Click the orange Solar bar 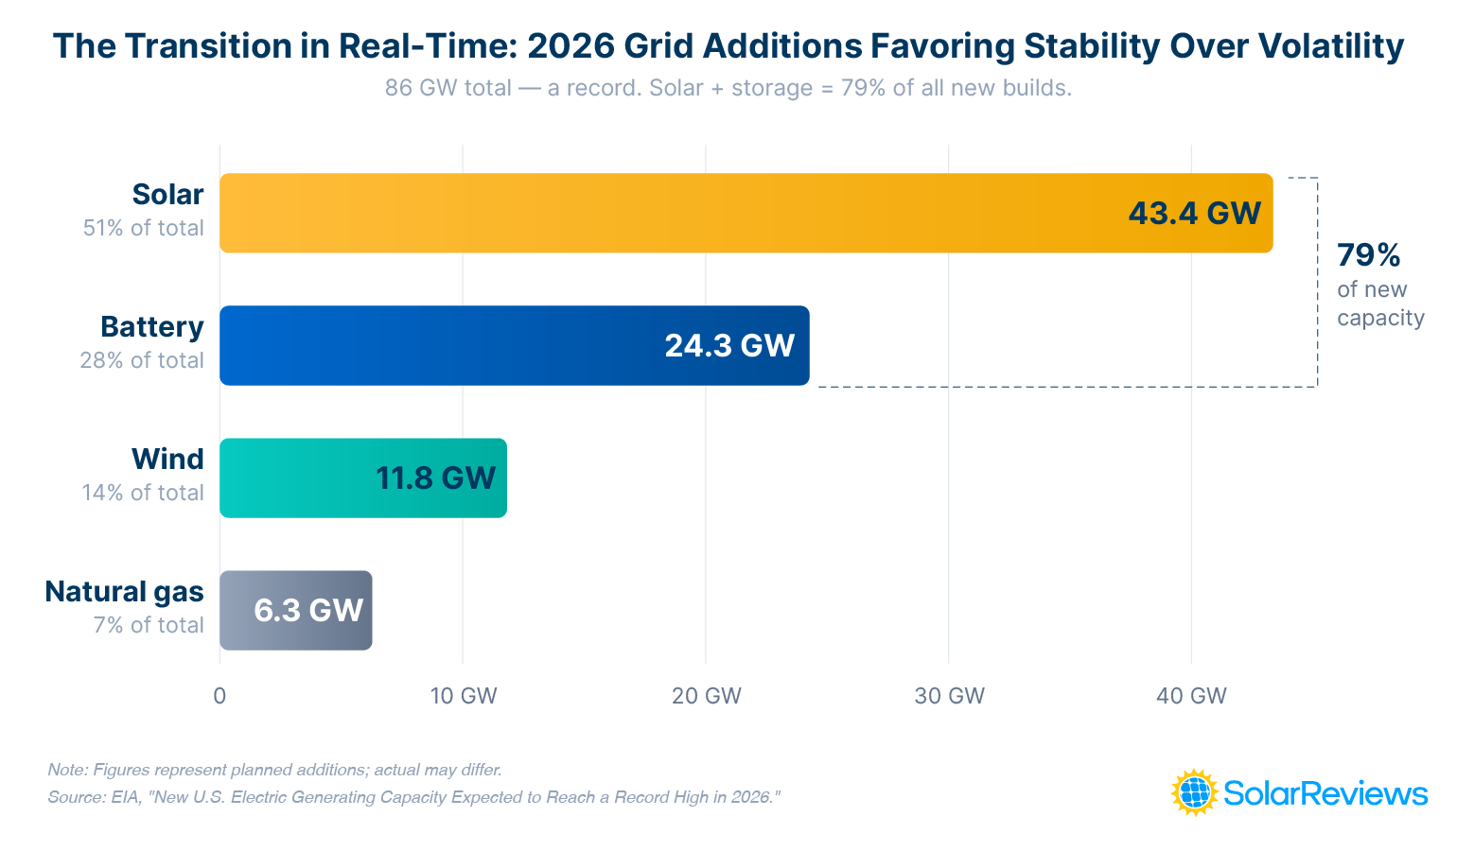662,213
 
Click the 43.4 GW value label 1194,213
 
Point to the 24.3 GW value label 728,345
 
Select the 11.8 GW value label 435,478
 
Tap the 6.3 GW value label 308,610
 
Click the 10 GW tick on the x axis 463,696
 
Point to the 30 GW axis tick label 949,696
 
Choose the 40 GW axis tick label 1191,696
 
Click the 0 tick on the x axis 219,696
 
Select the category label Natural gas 124,592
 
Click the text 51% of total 143,228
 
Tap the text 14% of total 143,493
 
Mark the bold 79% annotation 1368,255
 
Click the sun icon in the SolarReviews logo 1194,792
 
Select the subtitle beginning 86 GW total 728,88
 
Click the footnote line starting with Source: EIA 413,797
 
